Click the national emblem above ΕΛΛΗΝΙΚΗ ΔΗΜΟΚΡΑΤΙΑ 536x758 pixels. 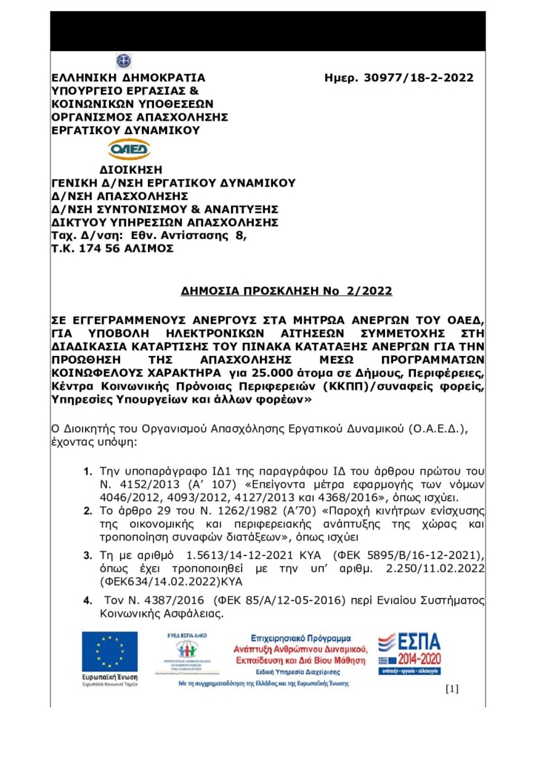[x=123, y=61]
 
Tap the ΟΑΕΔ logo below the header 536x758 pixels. [x=130, y=150]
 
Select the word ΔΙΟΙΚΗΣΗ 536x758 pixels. [x=130, y=169]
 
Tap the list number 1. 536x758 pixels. [x=87, y=471]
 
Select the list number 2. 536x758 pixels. [x=87, y=510]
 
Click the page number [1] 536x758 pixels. [x=452, y=690]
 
